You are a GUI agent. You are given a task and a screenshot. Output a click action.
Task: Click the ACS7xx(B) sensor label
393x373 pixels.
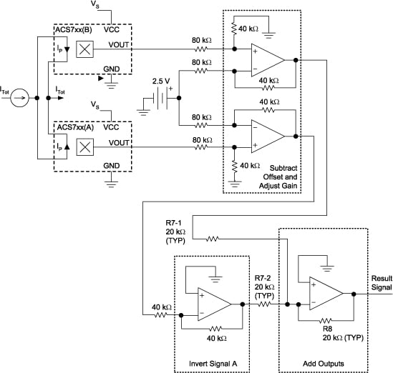(72, 30)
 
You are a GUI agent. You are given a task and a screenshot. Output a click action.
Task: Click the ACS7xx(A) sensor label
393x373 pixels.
(72, 126)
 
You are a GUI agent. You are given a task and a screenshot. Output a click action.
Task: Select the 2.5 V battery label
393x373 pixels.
(162, 81)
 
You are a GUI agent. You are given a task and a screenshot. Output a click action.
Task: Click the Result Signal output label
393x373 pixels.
(381, 282)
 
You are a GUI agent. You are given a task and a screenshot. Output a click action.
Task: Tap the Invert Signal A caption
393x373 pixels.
(210, 362)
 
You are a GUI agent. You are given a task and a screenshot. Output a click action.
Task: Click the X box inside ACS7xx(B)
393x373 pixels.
(85, 49)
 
